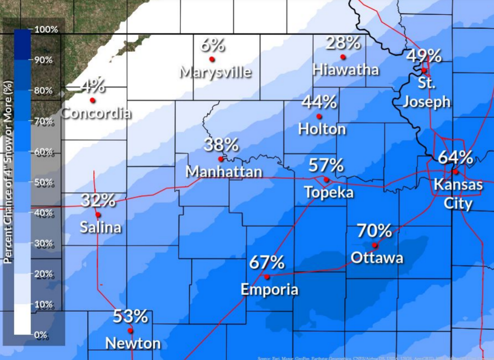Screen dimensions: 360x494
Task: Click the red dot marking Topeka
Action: pos(326,179)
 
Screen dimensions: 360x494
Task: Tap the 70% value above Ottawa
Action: pos(374,230)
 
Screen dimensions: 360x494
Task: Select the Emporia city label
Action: pos(269,289)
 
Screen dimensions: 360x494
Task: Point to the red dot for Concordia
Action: pos(92,100)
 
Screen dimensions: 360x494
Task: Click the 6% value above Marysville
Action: pos(212,45)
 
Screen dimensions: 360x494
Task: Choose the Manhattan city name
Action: pos(224,172)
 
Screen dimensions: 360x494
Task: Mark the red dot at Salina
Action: pos(98,214)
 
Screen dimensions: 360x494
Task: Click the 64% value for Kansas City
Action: pos(455,157)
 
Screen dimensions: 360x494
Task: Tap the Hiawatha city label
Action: pos(345,70)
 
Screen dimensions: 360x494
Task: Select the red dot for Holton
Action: pos(319,116)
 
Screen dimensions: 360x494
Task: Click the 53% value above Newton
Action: pos(130,316)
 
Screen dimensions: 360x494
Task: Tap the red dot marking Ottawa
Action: pos(375,245)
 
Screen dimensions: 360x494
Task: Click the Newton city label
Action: pos(133,344)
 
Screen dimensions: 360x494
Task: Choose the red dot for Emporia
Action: pos(267,277)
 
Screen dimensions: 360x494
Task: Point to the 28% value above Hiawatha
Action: pos(343,43)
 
